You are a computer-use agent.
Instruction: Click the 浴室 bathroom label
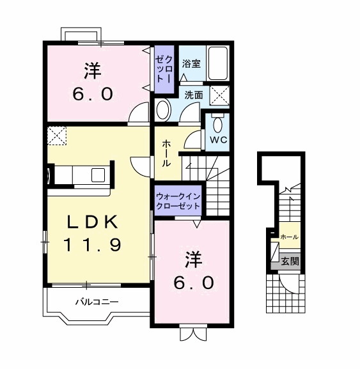tap(191, 63)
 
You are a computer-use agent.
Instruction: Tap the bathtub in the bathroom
tap(218, 63)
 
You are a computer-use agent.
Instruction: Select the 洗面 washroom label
tap(194, 95)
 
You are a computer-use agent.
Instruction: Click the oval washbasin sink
tap(162, 109)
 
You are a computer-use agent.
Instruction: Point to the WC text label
tap(218, 140)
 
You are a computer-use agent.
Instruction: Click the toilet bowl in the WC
tap(218, 124)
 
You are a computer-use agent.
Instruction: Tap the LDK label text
tap(93, 222)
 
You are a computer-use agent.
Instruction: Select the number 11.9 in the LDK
tap(93, 244)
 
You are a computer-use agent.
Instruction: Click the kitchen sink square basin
tap(98, 175)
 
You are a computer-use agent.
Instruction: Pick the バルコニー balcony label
tap(97, 301)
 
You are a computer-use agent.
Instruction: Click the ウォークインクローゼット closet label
tap(178, 201)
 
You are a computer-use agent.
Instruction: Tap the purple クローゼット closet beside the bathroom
tap(164, 69)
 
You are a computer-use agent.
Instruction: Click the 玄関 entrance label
tap(290, 261)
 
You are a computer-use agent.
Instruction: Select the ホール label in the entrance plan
tap(290, 237)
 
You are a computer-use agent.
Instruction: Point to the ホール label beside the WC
tap(166, 153)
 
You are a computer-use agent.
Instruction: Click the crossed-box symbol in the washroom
tap(219, 96)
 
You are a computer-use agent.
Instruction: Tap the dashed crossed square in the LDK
tap(57, 136)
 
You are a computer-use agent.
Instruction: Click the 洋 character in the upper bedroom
tap(93, 70)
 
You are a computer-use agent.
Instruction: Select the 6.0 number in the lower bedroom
tap(194, 282)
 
